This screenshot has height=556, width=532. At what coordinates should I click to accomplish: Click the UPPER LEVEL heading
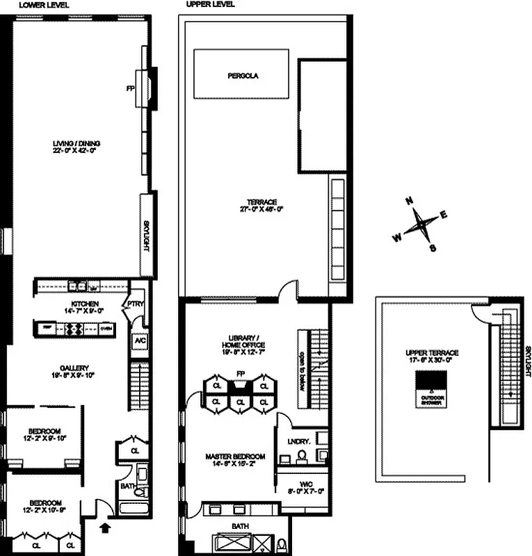tap(209, 4)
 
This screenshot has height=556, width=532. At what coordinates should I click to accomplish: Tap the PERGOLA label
tap(243, 76)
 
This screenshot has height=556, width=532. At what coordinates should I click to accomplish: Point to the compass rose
tap(420, 225)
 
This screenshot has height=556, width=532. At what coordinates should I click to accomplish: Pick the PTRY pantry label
tap(133, 303)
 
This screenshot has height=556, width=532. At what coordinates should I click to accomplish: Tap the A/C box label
tap(139, 341)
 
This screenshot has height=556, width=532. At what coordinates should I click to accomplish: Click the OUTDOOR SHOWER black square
tap(427, 382)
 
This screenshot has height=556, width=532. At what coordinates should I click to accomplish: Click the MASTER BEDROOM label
tap(232, 457)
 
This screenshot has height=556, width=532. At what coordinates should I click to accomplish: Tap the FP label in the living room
tap(130, 89)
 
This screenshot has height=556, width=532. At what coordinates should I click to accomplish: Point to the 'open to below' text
tap(303, 368)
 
